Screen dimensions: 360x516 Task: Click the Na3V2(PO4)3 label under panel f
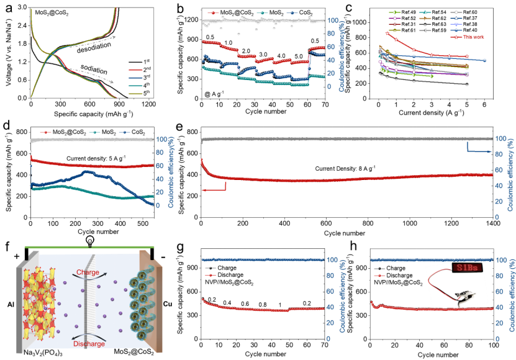coord(45,352)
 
